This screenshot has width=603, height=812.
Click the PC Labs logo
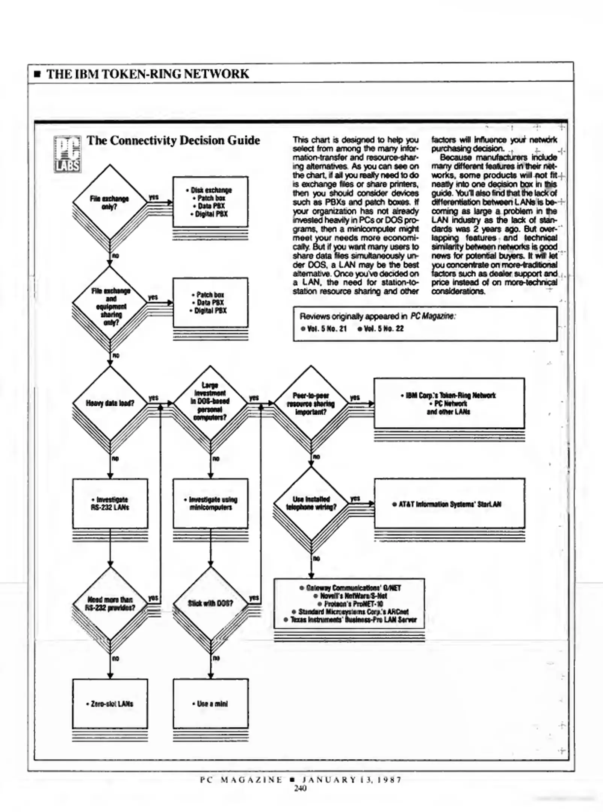pyautogui.click(x=68, y=154)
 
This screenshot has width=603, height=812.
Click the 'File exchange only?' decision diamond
pyautogui.click(x=109, y=202)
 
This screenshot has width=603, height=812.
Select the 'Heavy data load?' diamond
pyautogui.click(x=110, y=403)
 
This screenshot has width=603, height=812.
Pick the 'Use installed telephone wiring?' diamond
pyautogui.click(x=311, y=503)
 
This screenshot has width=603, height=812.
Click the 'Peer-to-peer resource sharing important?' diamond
pyautogui.click(x=311, y=403)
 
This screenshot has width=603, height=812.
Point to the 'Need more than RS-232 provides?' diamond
pyautogui.click(x=110, y=604)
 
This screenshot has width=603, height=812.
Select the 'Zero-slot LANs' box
pyautogui.click(x=110, y=703)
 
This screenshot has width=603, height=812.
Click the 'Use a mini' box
pyautogui.click(x=210, y=703)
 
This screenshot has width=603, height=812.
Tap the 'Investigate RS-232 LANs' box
pyautogui.click(x=110, y=503)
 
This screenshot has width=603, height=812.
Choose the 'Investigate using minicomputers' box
pyautogui.click(x=210, y=503)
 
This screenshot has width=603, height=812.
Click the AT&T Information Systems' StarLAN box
pyautogui.click(x=449, y=504)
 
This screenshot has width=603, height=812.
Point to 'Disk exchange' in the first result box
pyautogui.click(x=211, y=190)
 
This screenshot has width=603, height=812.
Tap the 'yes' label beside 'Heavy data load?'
pyautogui.click(x=153, y=397)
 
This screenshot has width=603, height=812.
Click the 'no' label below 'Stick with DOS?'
pyautogui.click(x=216, y=658)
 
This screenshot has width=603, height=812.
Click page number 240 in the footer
pyautogui.click(x=300, y=788)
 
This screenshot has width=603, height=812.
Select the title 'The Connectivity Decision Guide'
pyautogui.click(x=173, y=141)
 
